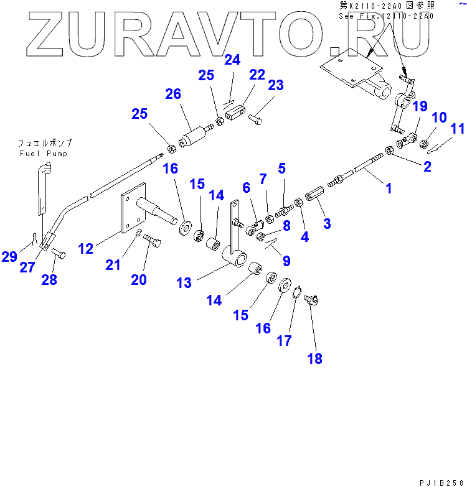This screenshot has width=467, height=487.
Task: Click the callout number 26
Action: (x=172, y=95)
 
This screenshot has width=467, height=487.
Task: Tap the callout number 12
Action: (x=85, y=249)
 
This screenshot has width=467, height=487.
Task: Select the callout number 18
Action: (x=314, y=358)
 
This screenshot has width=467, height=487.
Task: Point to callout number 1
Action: (x=389, y=188)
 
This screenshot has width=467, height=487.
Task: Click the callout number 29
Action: (x=9, y=256)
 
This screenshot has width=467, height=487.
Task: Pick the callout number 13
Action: (x=184, y=283)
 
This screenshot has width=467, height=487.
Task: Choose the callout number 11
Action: (x=458, y=129)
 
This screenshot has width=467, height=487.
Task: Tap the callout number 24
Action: (x=232, y=60)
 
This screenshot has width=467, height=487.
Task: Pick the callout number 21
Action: (x=112, y=265)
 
